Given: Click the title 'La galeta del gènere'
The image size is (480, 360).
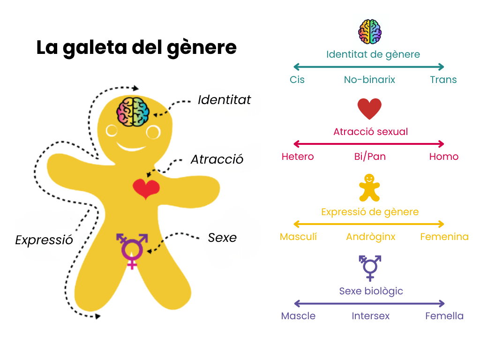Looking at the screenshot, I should click(136, 48).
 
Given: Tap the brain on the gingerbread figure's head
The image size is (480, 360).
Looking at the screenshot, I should click(133, 111).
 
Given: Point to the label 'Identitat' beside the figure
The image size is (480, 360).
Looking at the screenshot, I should click(224, 100).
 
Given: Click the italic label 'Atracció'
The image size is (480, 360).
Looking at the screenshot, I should click(217, 159).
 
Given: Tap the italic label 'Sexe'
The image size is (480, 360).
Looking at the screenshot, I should click(222, 238).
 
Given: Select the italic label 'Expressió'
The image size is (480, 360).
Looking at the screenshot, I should click(44, 240).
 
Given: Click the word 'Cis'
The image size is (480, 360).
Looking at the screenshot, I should click(297, 80).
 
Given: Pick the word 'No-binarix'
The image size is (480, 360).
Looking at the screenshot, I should click(369, 80).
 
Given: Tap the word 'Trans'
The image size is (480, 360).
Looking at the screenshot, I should click(443, 80).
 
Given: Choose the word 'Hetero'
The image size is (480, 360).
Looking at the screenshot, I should click(298, 157).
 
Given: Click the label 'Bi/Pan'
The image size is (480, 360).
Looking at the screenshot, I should click(370, 157).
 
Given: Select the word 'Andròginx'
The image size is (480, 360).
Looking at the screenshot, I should click(370, 237).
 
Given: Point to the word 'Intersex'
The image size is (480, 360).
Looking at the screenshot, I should click(370, 316).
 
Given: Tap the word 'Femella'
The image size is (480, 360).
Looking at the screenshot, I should click(444, 316).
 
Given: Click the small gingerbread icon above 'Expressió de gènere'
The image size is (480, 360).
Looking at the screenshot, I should click(369, 187).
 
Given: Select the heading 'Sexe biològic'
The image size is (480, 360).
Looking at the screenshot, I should click(371, 291).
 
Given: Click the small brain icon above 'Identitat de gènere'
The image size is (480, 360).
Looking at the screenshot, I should click(370, 31).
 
